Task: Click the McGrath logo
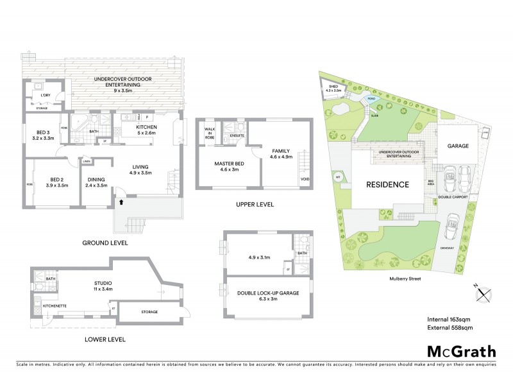pyautogui.click(x=461, y=351)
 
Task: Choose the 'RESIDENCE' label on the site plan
pyautogui.click(x=387, y=185)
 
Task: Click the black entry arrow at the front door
pyautogui.click(x=121, y=202)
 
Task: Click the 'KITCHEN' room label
pyautogui.click(x=147, y=127)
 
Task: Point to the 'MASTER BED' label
pyautogui.click(x=228, y=164)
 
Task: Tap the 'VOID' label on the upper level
pyautogui.click(x=304, y=179)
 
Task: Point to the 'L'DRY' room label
pyautogui.click(x=45, y=96)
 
